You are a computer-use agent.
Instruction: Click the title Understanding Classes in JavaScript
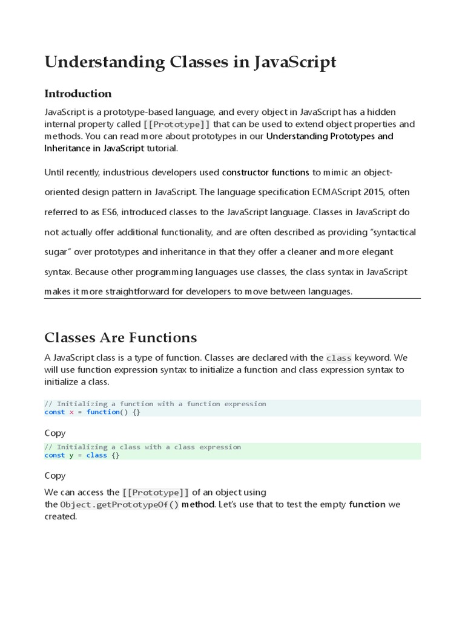[190, 62]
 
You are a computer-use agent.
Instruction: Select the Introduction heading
[78, 93]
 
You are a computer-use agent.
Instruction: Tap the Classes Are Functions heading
[121, 337]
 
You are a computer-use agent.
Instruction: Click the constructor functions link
[266, 172]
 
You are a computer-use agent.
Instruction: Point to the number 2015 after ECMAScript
[374, 192]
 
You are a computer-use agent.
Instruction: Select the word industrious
[128, 172]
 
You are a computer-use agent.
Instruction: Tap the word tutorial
[163, 148]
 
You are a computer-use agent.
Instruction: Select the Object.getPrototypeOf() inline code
[120, 505]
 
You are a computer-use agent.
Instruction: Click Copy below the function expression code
[55, 433]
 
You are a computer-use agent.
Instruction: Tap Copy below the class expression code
[55, 476]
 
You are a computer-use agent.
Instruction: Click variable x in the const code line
[71, 412]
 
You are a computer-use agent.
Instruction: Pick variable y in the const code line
[71, 455]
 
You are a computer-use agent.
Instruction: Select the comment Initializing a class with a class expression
[143, 447]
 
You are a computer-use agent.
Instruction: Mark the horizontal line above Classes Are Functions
[232, 298]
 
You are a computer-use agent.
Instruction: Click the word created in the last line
[61, 517]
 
